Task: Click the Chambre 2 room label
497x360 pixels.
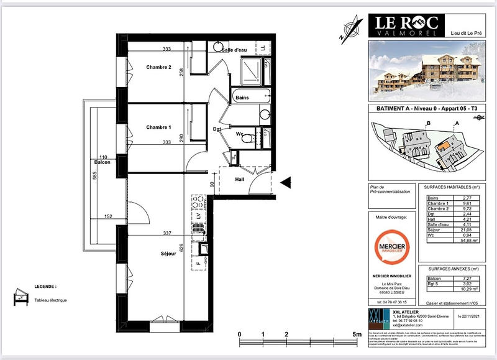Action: point(158,67)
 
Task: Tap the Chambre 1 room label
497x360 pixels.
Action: point(158,127)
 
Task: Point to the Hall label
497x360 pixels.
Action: point(239,180)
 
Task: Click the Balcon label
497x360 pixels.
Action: point(102,163)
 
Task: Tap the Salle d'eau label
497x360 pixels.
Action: point(234,50)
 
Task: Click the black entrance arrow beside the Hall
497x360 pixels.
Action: point(286,182)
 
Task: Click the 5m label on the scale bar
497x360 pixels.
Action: point(357,335)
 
